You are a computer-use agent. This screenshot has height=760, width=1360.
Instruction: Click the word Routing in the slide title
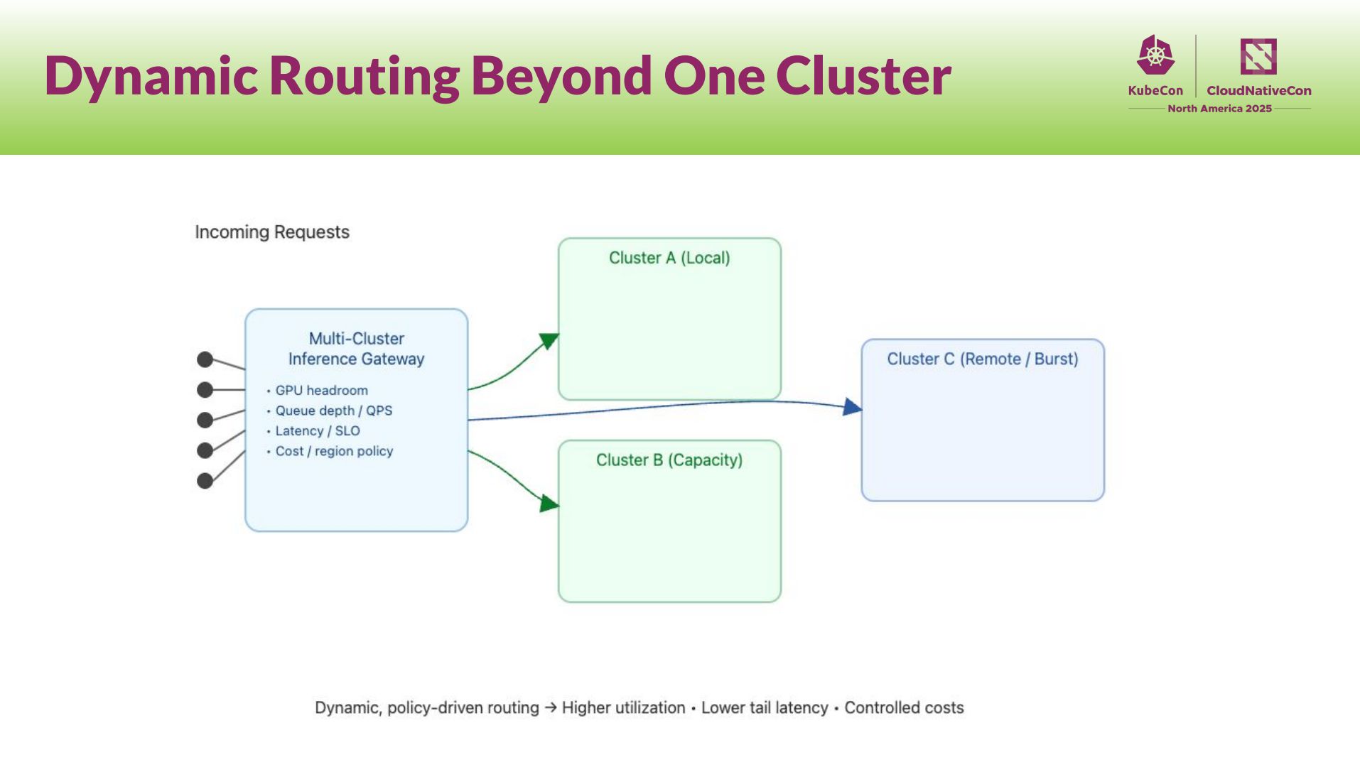(365, 76)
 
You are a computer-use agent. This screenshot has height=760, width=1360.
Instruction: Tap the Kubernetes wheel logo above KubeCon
(1155, 55)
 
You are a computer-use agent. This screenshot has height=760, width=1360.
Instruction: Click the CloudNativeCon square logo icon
(1258, 56)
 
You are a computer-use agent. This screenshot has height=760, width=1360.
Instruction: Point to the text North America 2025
(1219, 109)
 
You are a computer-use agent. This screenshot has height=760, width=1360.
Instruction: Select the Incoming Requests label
(272, 232)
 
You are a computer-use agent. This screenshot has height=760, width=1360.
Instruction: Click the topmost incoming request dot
(205, 359)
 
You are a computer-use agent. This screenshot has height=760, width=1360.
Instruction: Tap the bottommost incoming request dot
(205, 481)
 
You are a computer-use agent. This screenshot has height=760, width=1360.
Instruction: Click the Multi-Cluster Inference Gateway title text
(356, 349)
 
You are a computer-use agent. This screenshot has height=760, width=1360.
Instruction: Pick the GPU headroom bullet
(321, 391)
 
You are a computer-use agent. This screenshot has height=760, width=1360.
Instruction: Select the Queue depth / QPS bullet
(333, 411)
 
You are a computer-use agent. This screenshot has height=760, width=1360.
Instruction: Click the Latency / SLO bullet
(318, 431)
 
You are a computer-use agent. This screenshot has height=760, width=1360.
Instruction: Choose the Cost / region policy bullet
(334, 451)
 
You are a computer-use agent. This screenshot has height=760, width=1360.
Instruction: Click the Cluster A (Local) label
(669, 258)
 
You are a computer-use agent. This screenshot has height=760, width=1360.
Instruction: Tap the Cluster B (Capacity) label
(669, 460)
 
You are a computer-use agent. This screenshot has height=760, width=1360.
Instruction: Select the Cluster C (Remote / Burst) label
(982, 359)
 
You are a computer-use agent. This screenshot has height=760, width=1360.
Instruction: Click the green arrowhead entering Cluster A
(549, 341)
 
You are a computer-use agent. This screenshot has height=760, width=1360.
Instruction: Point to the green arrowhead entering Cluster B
(549, 504)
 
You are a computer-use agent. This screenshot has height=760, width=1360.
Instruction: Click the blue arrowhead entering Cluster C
(852, 407)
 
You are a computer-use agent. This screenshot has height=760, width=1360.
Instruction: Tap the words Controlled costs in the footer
(904, 708)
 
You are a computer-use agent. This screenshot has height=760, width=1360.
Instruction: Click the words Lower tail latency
(765, 708)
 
